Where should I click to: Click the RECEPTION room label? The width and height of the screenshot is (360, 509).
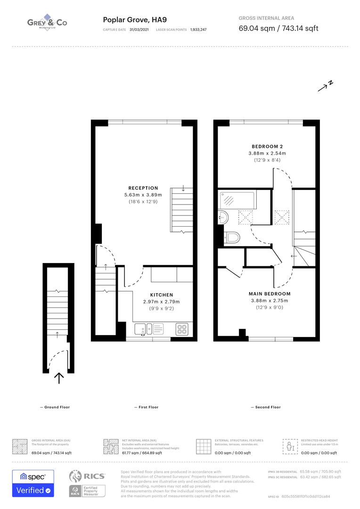coord(143,188)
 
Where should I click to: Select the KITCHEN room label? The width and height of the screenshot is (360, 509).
coord(162,295)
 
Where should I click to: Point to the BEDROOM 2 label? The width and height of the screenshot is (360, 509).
coord(267,147)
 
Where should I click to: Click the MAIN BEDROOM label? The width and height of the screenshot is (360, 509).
coord(270,294)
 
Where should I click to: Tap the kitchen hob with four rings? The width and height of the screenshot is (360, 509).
coord(182,328)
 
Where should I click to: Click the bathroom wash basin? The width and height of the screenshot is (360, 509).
coord(223,218)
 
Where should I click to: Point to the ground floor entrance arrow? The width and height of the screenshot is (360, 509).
coord(59,378)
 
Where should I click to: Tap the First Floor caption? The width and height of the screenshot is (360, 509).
coord(148,407)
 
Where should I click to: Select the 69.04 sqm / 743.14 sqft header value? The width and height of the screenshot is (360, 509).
coord(278,28)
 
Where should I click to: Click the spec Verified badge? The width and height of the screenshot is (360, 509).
coord(33,483)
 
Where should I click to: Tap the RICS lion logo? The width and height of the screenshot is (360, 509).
coord(78,476)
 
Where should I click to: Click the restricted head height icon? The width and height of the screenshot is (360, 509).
coord(288,446)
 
